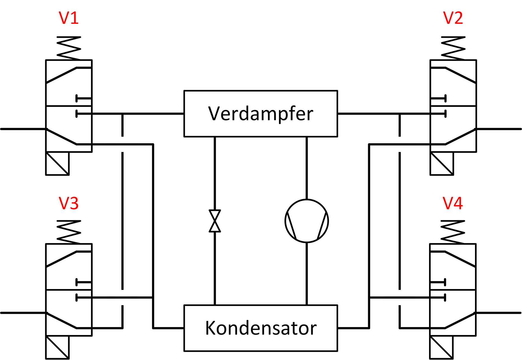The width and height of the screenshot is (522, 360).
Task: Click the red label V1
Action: pyautogui.click(x=69, y=18)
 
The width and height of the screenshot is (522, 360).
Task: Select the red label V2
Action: pyautogui.click(x=453, y=18)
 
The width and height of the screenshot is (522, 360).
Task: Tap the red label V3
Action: pyautogui.click(x=69, y=203)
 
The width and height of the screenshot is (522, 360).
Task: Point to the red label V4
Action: pyautogui.click(x=453, y=203)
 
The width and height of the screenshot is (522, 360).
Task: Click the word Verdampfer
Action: pyautogui.click(x=260, y=114)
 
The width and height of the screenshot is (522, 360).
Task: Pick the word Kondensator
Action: pyautogui.click(x=261, y=328)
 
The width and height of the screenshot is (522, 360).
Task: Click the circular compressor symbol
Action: pyautogui.click(x=307, y=221)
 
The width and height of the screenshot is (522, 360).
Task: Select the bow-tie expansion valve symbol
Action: pyautogui.click(x=215, y=221)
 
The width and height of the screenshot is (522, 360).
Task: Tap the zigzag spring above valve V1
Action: pyautogui.click(x=69, y=48)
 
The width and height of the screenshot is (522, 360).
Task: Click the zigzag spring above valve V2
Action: pyautogui.click(x=453, y=48)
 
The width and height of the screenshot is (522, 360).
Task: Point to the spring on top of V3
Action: pyautogui.click(x=69, y=232)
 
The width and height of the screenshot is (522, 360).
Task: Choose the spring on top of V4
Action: pyautogui.click(x=453, y=232)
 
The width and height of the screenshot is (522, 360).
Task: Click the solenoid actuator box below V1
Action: pyautogui.click(x=57, y=163)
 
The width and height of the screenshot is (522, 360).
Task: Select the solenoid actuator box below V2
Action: pyautogui.click(x=442, y=163)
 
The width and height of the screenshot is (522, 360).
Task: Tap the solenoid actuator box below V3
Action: pyautogui.click(x=57, y=347)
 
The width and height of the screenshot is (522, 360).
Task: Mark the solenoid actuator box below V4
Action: pyautogui.click(x=441, y=347)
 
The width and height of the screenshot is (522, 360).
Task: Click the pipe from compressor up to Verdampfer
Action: pyautogui.click(x=307, y=168)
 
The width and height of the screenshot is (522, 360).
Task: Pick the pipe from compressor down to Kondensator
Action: pyautogui.click(x=307, y=274)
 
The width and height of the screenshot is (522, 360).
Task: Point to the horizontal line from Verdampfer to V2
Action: pyautogui.click(x=391, y=114)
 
